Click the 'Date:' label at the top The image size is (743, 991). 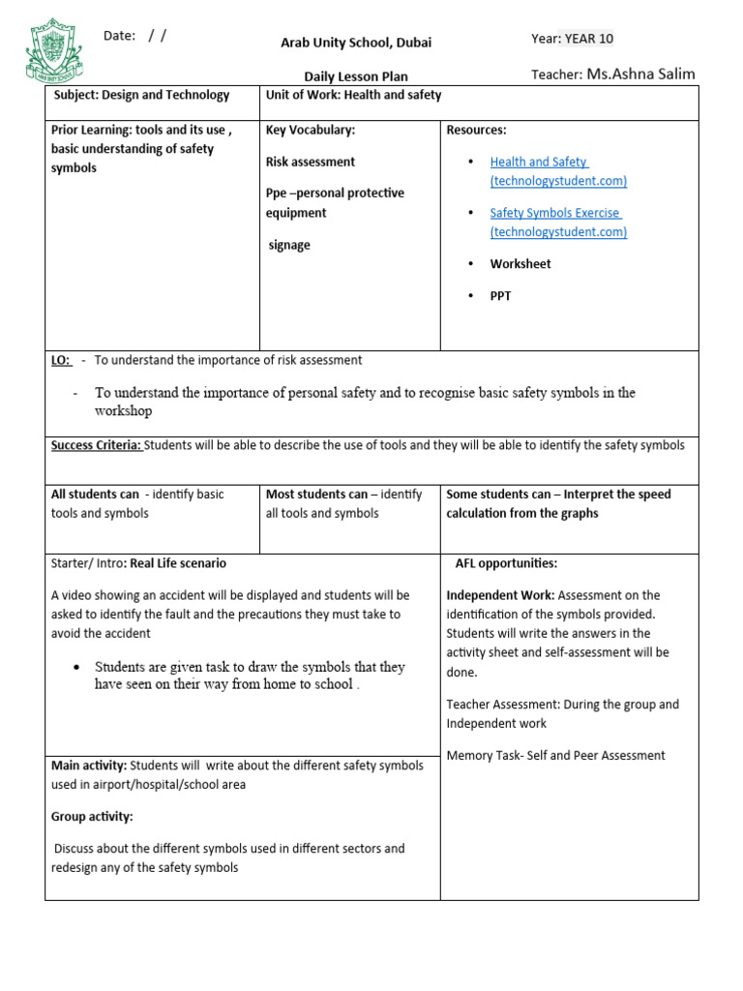(119, 36)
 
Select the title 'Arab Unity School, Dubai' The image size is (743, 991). (356, 43)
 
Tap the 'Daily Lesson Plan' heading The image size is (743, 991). (356, 76)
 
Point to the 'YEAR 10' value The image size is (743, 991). (588, 39)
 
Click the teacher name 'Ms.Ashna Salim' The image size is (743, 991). (640, 75)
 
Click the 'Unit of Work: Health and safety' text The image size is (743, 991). (353, 95)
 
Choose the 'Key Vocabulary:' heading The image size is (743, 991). (311, 130)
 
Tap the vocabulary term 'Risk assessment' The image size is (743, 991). (311, 162)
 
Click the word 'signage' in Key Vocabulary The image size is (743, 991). (289, 245)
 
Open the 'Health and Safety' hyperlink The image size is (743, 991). (539, 162)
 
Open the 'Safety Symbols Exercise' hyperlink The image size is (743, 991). (555, 213)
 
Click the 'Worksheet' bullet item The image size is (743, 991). (520, 263)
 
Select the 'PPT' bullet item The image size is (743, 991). (500, 295)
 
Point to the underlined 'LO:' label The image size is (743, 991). (61, 360)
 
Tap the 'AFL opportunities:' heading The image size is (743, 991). (506, 563)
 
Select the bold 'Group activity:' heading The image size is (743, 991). (92, 817)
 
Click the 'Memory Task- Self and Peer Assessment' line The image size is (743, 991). (555, 756)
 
